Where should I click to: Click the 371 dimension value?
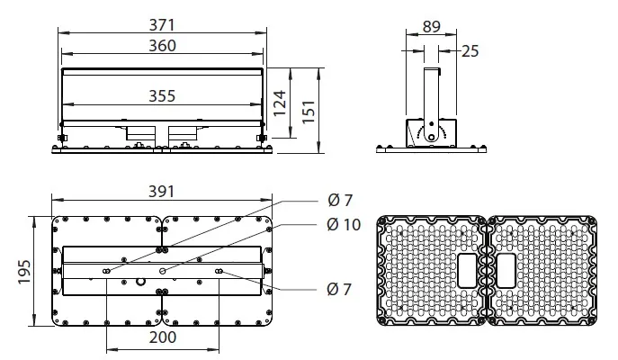coord(162,25)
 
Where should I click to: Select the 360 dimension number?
coord(162,46)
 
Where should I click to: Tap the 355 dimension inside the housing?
coord(162,96)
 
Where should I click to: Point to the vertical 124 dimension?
coord(280,103)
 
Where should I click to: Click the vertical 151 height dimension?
coord(309,112)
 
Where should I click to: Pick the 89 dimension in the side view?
coord(431,26)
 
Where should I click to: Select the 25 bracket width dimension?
coord(470,51)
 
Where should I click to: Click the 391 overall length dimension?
coord(161,192)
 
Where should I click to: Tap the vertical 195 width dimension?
coord(24,271)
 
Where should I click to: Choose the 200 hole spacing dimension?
coord(163,337)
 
